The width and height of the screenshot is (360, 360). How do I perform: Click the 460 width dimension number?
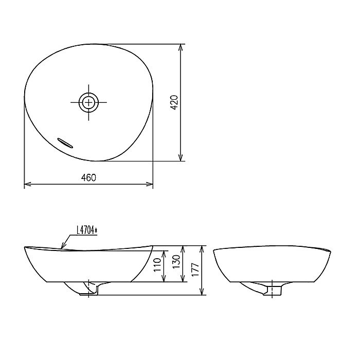[88, 177]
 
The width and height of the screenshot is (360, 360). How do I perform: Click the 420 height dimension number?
[173, 103]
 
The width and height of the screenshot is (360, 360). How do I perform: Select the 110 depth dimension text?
[158, 266]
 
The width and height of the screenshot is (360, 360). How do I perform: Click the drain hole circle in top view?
[89, 102]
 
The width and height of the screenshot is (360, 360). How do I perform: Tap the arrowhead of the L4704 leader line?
[62, 247]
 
